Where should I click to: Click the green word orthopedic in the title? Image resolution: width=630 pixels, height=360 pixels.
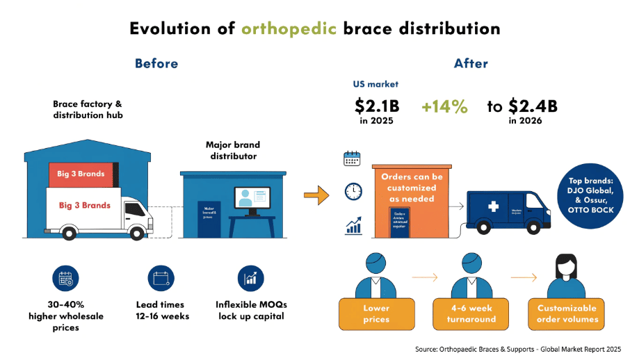(x=289, y=28)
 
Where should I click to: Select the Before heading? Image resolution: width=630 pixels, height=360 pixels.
(x=156, y=64)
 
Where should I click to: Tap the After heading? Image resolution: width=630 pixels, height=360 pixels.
(x=471, y=64)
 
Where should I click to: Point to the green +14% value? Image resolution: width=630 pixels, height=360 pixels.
(x=444, y=107)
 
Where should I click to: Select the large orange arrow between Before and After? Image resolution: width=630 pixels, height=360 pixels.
(x=316, y=196)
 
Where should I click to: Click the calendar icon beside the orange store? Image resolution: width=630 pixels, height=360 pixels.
(x=353, y=158)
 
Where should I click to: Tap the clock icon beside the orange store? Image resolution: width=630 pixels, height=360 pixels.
(x=353, y=190)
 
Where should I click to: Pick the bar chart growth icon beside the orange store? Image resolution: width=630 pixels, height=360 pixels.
(x=353, y=224)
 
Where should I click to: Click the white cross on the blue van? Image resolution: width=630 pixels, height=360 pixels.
(x=493, y=207)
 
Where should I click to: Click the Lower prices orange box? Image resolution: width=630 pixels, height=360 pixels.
(x=376, y=313)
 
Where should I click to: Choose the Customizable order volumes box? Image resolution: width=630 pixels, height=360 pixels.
(x=567, y=313)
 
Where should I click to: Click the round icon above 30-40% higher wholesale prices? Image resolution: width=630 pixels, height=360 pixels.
(x=65, y=279)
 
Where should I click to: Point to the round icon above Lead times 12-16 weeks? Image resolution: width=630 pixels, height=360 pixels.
(x=161, y=279)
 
